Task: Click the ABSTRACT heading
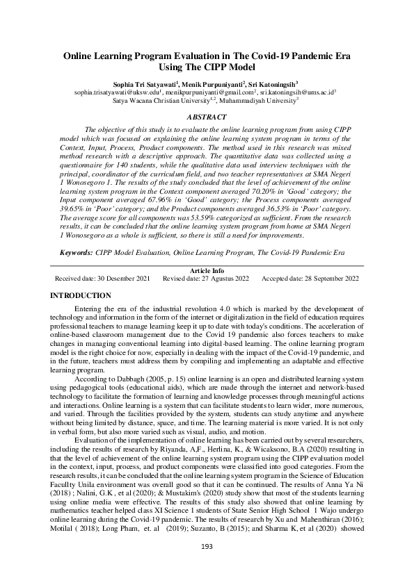(207, 117)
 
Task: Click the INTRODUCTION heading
(81, 295)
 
